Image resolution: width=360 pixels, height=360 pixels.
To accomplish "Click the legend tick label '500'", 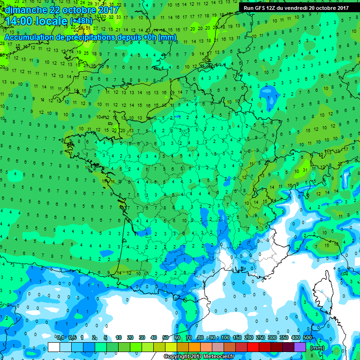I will [x=307, y=338].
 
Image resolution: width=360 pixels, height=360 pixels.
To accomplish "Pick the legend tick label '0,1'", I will [x=60, y=338].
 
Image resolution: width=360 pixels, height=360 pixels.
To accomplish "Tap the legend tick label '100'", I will [x=225, y=338].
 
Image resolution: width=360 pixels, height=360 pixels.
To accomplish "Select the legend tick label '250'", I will [x=260, y=338].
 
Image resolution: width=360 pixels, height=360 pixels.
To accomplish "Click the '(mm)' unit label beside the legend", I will [x=317, y=348].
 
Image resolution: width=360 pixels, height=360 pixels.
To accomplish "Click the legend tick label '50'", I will [x=165, y=338].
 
